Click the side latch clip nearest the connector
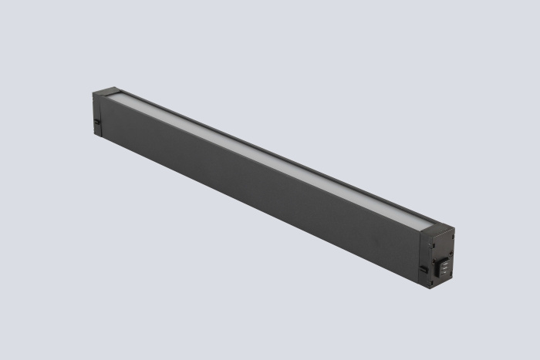[423, 269]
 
